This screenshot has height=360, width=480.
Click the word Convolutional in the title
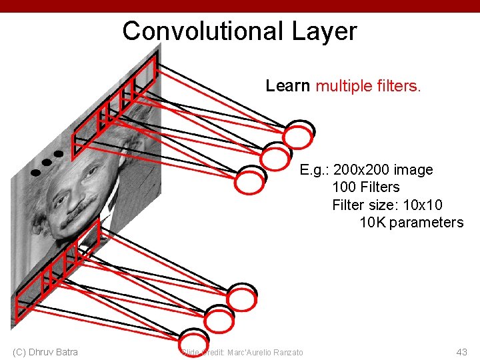tap(203, 31)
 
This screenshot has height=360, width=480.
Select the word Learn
tap(287, 86)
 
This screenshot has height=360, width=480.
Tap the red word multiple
tap(341, 86)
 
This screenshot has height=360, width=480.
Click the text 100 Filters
tap(365, 187)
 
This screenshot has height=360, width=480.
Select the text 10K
tap(372, 223)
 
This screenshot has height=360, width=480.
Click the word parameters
tap(426, 223)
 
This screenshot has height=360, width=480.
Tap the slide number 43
tap(461, 352)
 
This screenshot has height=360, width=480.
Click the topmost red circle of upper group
tap(298, 137)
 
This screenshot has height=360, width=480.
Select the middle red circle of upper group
tap(273, 159)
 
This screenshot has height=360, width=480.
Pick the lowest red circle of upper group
tap(250, 181)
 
